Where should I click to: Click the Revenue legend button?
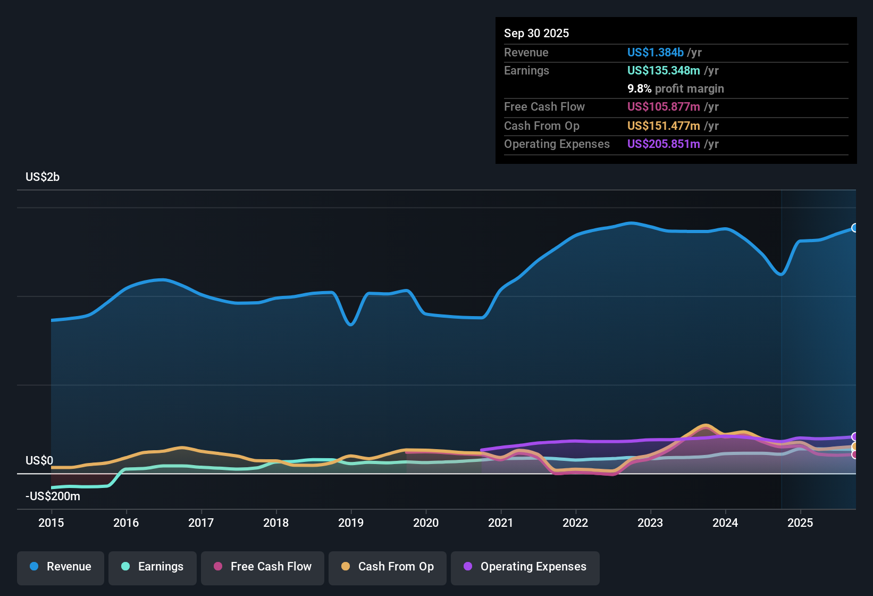[61, 567]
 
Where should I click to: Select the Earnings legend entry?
[153, 567]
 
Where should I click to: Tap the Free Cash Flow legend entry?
[263, 567]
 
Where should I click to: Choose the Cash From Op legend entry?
[388, 567]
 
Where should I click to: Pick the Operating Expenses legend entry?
[525, 567]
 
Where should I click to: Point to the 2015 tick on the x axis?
[51, 523]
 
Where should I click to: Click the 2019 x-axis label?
[351, 523]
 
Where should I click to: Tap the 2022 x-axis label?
[575, 523]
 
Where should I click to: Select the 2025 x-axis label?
[800, 523]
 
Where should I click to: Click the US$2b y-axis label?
[43, 177]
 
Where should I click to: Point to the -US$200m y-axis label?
[53, 496]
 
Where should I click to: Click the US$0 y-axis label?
[39, 460]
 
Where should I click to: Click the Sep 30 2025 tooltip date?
[536, 33]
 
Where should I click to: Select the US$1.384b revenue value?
[655, 52]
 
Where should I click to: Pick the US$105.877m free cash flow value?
[663, 106]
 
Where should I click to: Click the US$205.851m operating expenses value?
[663, 144]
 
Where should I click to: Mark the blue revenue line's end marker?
[855, 228]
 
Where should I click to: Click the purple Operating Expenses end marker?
[855, 437]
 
